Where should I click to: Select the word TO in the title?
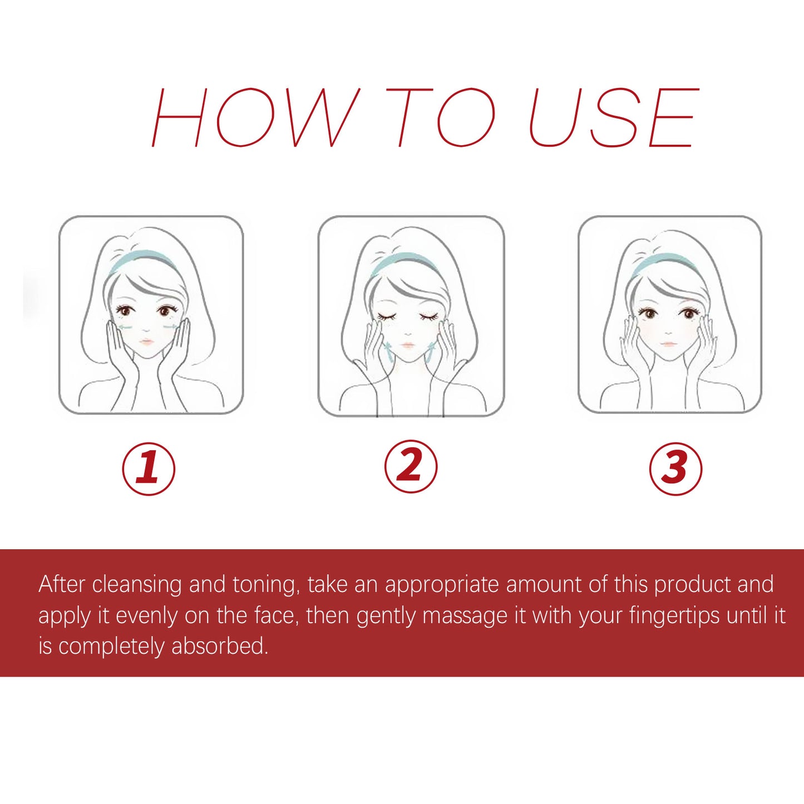pos(440,117)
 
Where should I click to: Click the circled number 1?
pos(149,468)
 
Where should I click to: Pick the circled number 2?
pos(411,466)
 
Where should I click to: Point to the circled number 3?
pos(675,468)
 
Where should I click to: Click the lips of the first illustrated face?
pos(146,341)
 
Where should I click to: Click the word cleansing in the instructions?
pos(137,585)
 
